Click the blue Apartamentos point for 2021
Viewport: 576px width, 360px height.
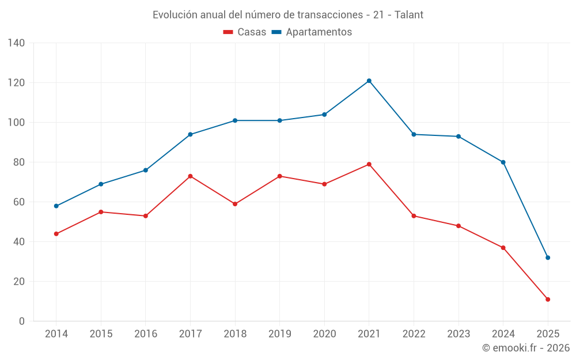(x=369, y=81)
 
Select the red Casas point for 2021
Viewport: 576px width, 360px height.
(x=369, y=164)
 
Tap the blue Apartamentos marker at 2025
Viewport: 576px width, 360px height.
(x=548, y=257)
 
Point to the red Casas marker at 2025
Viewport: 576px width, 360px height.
(x=548, y=300)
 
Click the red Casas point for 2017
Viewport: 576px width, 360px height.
(x=190, y=176)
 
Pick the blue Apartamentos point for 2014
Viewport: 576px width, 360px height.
(x=56, y=206)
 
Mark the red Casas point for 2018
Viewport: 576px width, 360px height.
(x=235, y=204)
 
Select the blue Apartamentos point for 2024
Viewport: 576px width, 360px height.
(x=503, y=162)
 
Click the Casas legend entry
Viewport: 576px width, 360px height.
(x=245, y=32)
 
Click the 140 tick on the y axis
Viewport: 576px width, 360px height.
(x=17, y=43)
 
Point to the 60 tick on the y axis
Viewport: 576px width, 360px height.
(x=19, y=202)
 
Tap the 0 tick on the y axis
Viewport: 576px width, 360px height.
(x=22, y=321)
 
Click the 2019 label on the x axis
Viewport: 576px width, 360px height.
(x=279, y=334)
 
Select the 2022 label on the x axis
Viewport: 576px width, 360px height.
(x=414, y=334)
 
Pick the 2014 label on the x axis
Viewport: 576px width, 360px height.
(x=56, y=334)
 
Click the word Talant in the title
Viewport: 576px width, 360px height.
(x=409, y=15)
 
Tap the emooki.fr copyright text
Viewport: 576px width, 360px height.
(x=526, y=348)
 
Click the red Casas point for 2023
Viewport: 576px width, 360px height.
(x=458, y=226)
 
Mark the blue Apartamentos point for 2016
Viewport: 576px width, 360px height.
(x=146, y=170)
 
